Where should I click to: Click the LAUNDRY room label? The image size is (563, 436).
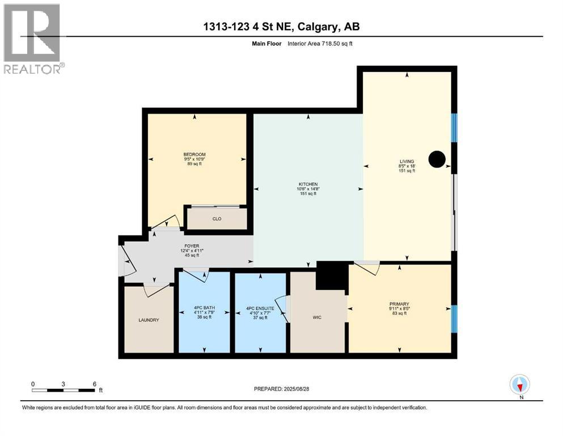(149, 320)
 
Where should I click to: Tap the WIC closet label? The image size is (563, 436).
(317, 317)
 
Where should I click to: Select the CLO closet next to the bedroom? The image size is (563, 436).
(217, 219)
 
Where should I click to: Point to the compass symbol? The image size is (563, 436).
(519, 384)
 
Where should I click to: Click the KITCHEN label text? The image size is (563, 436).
(308, 184)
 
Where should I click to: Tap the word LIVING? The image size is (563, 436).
(407, 161)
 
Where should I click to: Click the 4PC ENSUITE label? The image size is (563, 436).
(260, 309)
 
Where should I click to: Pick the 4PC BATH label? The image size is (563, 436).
(203, 309)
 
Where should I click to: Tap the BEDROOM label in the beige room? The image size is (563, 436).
(194, 154)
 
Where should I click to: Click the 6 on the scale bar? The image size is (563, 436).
(95, 383)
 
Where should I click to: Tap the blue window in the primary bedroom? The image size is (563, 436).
(454, 319)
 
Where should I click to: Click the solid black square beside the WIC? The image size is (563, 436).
(331, 275)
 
